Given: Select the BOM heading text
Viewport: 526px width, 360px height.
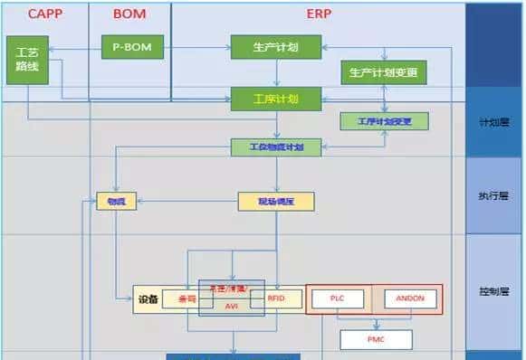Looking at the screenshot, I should tap(129, 14).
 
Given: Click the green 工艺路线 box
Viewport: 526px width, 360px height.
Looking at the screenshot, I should tap(27, 60).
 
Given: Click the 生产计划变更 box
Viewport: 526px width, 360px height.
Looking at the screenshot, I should tap(383, 72).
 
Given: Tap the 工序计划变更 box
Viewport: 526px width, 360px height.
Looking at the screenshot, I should tap(383, 120).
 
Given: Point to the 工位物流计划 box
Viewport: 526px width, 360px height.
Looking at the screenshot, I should tap(275, 147).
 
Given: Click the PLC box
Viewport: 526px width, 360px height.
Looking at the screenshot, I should tap(336, 298).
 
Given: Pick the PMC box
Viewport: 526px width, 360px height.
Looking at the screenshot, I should tap(375, 339).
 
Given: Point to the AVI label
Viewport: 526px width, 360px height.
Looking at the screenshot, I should tap(232, 306).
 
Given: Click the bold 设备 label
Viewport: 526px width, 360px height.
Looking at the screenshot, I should tap(148, 298).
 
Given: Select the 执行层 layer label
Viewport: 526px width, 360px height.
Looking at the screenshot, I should tap(495, 196).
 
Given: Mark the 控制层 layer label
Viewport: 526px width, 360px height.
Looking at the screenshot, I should tap(495, 292).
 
